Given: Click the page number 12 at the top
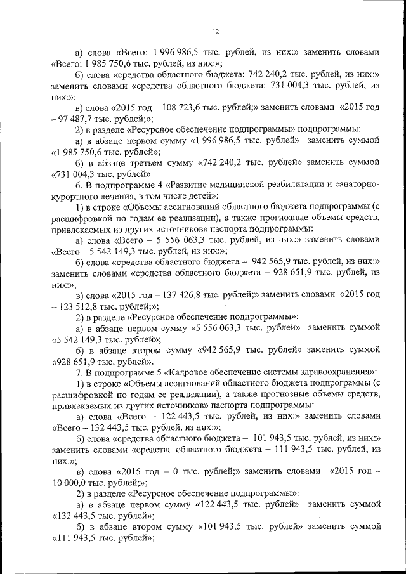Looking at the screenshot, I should (216, 32).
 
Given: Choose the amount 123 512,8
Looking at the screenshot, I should (74, 306).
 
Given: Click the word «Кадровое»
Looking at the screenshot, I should (190, 371).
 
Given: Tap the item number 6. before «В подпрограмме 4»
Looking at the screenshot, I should (79, 185).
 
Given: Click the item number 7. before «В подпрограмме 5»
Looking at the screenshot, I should (79, 371).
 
